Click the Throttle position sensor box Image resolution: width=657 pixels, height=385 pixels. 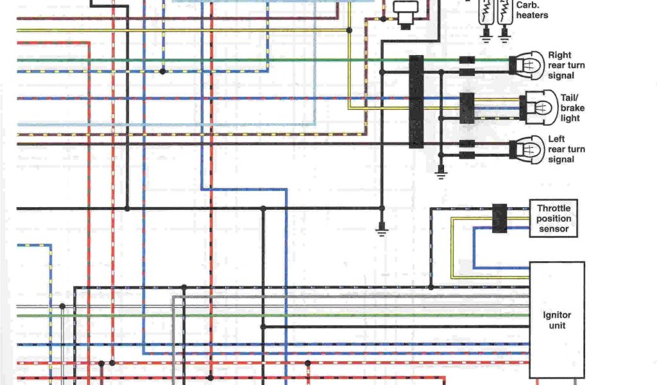click(x=553, y=218)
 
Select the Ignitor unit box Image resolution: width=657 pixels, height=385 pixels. click(x=556, y=320)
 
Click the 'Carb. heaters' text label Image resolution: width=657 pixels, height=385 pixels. click(x=532, y=10)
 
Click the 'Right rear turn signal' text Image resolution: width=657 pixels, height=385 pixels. click(x=566, y=65)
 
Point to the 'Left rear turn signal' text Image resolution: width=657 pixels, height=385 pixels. click(x=566, y=149)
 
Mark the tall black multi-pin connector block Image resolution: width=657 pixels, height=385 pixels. click(x=416, y=101)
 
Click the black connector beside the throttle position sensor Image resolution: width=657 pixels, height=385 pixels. click(x=499, y=218)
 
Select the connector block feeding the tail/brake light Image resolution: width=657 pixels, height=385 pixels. click(x=467, y=107)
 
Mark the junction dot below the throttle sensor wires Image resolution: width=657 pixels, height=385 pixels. click(x=431, y=287)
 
